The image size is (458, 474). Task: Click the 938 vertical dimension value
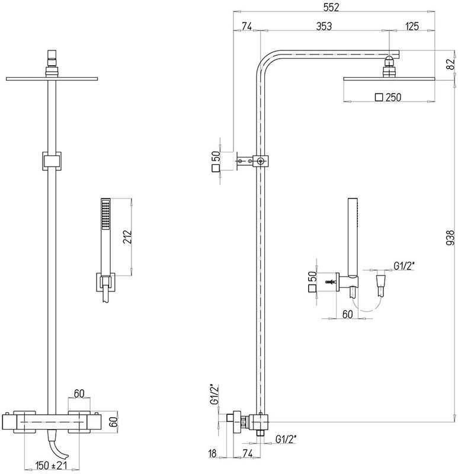(449, 237)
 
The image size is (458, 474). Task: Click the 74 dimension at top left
(246, 25)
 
